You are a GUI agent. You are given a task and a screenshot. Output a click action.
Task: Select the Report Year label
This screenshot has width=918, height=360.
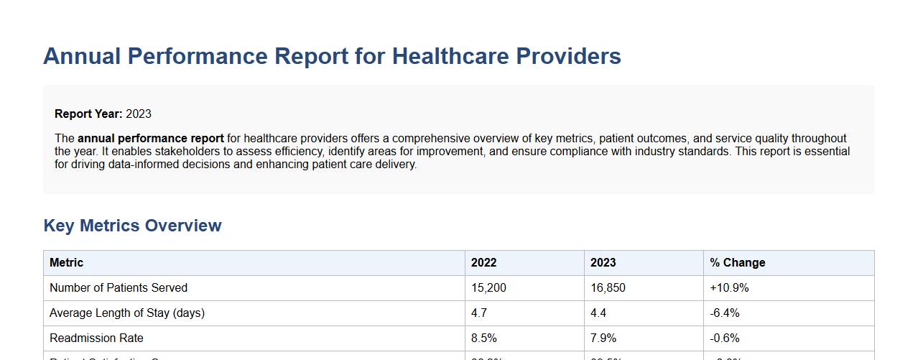pyautogui.click(x=88, y=114)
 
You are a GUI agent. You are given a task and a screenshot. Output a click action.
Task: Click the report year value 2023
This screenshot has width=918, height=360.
pyautogui.click(x=139, y=114)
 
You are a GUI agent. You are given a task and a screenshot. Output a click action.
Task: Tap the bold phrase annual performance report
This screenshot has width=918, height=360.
pyautogui.click(x=151, y=138)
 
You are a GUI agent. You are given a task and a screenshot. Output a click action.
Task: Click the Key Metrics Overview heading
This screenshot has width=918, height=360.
pyautogui.click(x=132, y=226)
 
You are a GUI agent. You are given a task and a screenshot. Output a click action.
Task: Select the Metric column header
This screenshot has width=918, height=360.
pyautogui.click(x=66, y=263)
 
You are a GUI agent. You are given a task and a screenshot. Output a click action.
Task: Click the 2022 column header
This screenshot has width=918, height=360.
pyautogui.click(x=483, y=263)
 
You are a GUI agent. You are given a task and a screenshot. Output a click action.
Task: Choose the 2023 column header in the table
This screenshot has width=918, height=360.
pyautogui.click(x=603, y=263)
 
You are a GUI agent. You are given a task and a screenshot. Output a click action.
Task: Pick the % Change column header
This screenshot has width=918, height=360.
pyautogui.click(x=737, y=263)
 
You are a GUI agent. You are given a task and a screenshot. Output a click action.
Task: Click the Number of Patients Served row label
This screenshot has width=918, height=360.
pyautogui.click(x=118, y=288)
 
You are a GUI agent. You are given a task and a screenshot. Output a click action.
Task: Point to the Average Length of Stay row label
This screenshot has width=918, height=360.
pyautogui.click(x=126, y=313)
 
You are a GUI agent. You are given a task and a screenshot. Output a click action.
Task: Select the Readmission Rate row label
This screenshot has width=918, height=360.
pyautogui.click(x=96, y=338)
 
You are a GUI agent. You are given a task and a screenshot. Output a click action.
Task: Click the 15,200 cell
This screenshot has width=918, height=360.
pyautogui.click(x=488, y=288)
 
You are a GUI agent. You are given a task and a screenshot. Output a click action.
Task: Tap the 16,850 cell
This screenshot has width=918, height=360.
pyautogui.click(x=608, y=288)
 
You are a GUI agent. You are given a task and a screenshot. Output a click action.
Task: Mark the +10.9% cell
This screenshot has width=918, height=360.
pyautogui.click(x=729, y=288)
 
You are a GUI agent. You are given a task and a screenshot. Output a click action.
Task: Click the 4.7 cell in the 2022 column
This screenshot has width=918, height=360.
pyautogui.click(x=479, y=313)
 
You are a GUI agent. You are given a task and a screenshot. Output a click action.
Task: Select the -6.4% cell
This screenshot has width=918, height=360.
pyautogui.click(x=725, y=313)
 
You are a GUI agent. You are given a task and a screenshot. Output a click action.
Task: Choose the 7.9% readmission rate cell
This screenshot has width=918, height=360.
pyautogui.click(x=603, y=338)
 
